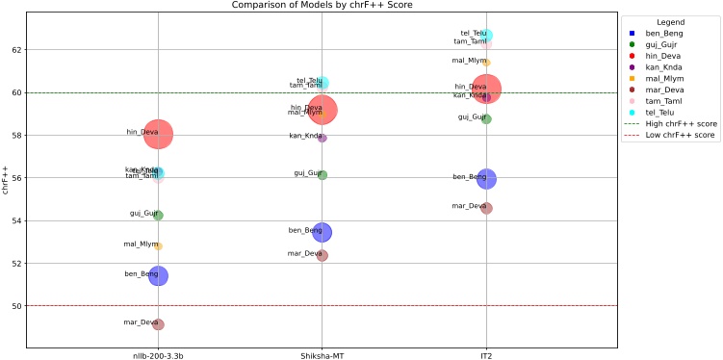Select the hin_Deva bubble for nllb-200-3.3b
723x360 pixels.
158,135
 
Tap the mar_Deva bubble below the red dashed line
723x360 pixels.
158,324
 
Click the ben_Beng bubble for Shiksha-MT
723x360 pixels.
323,232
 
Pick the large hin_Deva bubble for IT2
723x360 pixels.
486,90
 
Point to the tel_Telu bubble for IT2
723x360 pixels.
486,36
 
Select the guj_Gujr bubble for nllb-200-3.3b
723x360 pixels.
158,216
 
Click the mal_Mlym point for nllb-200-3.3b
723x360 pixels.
158,246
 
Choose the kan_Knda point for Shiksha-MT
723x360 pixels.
323,138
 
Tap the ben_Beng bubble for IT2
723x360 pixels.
486,179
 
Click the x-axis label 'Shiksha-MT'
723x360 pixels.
323,356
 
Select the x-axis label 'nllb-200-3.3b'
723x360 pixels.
158,356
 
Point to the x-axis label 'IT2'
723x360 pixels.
486,356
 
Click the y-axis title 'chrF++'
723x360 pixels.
6,178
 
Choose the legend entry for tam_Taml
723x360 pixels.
664,101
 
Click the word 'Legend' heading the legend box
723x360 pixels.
670,21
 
